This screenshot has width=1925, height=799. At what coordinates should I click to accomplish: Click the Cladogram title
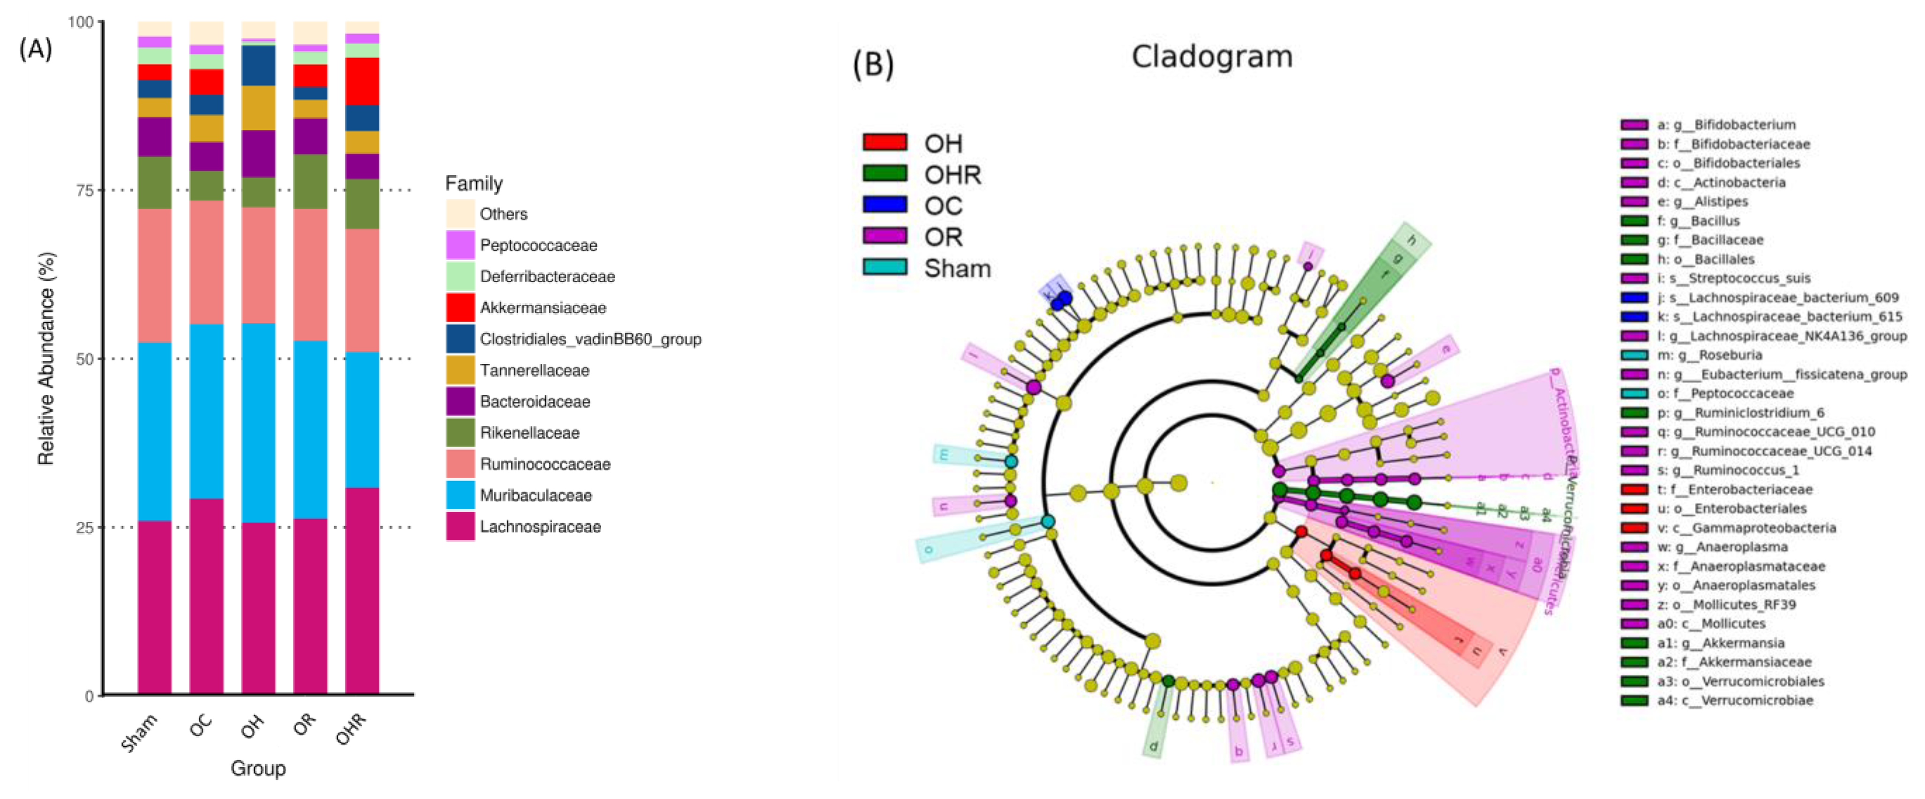click(1211, 57)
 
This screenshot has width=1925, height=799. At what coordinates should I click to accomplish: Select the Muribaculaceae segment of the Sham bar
click(155, 431)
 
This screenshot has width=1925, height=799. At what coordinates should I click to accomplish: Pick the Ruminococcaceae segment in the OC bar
click(206, 262)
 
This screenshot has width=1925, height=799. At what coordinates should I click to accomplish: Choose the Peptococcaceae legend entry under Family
click(538, 245)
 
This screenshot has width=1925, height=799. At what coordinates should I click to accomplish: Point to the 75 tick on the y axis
click(85, 190)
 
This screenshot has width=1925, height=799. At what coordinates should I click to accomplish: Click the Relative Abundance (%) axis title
click(46, 359)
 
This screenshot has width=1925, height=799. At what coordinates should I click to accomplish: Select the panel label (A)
click(35, 49)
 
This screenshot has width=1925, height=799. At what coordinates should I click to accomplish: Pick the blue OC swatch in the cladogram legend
click(885, 205)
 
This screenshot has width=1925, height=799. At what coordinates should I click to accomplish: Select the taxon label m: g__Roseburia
click(1719, 355)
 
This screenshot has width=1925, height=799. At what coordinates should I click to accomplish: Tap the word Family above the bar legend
click(474, 183)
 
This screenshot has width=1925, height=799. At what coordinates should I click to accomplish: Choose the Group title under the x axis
click(258, 769)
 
